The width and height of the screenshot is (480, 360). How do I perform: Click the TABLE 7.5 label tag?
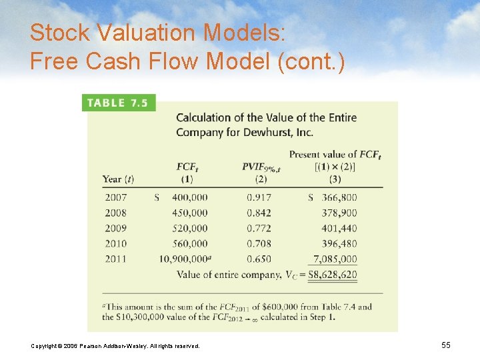point(118,103)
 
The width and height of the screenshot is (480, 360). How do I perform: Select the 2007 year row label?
point(115,197)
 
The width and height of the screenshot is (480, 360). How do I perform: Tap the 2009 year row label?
point(115,228)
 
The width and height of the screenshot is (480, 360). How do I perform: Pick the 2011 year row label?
point(115,259)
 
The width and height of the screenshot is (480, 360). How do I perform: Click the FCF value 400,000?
point(189,197)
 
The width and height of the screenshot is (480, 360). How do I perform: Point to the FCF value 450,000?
point(189,213)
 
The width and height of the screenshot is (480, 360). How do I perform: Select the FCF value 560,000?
point(189,243)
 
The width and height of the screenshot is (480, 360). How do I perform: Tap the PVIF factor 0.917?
point(259,197)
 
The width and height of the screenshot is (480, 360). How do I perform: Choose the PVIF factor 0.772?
point(259,228)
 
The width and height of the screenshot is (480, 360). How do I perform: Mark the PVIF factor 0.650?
point(259,259)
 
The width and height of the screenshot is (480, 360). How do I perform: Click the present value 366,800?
point(338,197)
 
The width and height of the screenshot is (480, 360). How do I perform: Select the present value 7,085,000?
point(335,259)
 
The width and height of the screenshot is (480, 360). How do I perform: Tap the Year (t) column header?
point(118,179)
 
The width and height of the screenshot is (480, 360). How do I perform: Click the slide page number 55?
point(446,345)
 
